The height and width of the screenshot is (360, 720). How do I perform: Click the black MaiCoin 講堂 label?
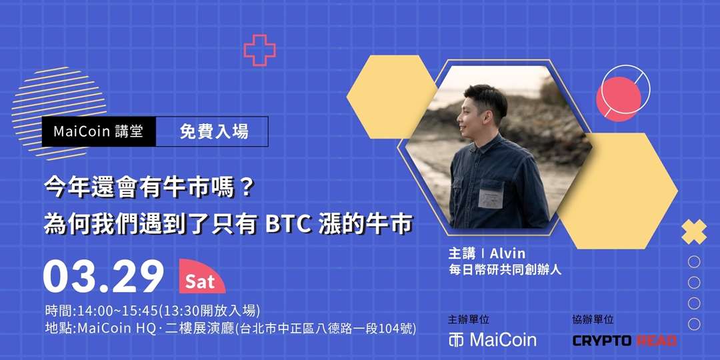click(x=99, y=131)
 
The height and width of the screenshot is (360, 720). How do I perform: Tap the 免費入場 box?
click(x=212, y=131)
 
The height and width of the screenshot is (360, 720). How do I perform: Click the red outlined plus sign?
click(x=260, y=50)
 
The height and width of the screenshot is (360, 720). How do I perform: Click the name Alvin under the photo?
click(x=507, y=253)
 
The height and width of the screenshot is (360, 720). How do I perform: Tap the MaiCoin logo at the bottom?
click(x=492, y=340)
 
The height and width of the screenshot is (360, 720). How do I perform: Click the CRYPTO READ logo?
click(x=625, y=340)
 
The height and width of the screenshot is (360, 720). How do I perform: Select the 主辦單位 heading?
click(x=469, y=319)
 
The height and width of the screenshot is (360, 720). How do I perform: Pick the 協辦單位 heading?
click(x=593, y=319)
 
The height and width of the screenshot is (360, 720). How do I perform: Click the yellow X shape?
click(x=694, y=232)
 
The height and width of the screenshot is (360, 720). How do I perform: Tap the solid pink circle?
click(x=618, y=99)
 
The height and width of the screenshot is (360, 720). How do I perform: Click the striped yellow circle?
click(x=59, y=113)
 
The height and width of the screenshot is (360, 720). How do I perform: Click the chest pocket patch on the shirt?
click(x=491, y=197)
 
